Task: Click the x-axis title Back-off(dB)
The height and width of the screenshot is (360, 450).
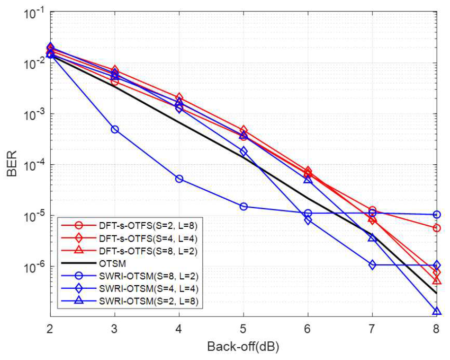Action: click(x=244, y=346)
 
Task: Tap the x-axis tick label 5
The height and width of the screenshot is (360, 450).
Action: click(x=244, y=328)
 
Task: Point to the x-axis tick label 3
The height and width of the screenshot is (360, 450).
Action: click(x=115, y=328)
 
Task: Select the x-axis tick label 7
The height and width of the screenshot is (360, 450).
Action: click(x=372, y=328)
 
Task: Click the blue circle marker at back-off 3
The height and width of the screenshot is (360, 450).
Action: click(x=115, y=129)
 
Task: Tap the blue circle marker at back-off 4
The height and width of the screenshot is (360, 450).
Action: click(x=179, y=179)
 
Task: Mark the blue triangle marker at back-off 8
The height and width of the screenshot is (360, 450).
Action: click(x=436, y=311)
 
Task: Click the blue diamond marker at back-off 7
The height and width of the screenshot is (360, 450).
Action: click(x=372, y=265)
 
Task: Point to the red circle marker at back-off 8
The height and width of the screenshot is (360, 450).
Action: click(x=436, y=228)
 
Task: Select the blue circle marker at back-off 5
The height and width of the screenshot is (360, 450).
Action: click(x=244, y=206)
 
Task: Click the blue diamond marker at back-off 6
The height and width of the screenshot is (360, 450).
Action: click(x=308, y=220)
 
